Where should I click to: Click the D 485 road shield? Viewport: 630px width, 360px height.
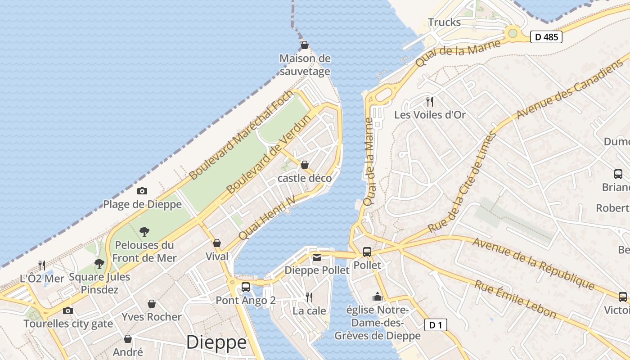[546, 37]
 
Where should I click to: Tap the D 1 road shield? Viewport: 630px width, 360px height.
[436, 325]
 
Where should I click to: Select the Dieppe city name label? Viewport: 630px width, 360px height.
[216, 342]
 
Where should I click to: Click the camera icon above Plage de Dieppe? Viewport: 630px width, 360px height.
[142, 191]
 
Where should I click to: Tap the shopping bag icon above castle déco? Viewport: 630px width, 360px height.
[305, 165]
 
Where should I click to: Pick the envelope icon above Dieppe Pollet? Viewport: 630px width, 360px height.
[317, 257]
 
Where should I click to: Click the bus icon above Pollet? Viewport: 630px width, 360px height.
[367, 252]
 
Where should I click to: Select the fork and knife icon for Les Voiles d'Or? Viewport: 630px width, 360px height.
[430, 101]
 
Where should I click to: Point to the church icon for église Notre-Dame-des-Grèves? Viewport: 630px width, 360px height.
[377, 297]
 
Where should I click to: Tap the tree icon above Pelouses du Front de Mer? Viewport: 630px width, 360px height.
[144, 232]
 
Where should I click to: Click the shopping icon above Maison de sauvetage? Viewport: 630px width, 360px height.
[305, 45]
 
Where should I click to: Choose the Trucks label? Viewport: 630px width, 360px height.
[444, 22]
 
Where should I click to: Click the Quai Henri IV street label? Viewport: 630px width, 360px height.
[267, 217]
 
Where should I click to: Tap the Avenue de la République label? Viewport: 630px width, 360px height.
[533, 263]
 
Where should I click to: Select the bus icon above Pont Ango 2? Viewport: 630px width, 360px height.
[246, 287]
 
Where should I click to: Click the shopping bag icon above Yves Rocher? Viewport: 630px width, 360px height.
[152, 304]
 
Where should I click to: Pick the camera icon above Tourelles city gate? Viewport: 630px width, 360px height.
[68, 310]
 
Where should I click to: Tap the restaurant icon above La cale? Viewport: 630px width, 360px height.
[309, 297]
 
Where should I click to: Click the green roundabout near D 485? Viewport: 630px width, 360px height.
[513, 33]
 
